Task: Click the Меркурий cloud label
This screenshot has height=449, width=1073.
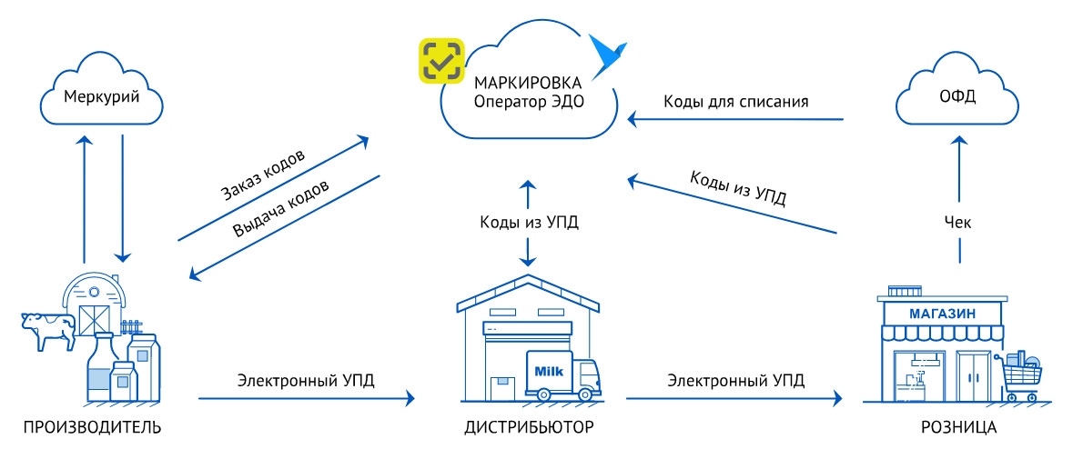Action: click(101, 96)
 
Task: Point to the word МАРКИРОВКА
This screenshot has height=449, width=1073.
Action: click(528, 83)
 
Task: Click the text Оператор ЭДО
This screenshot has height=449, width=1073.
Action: click(528, 101)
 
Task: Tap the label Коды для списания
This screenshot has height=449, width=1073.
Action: click(735, 102)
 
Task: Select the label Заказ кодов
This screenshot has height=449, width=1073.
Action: click(263, 174)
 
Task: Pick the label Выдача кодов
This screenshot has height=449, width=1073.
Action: click(280, 208)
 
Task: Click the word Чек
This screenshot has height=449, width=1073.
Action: click(957, 222)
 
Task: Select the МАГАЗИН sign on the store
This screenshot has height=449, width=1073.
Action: click(942, 314)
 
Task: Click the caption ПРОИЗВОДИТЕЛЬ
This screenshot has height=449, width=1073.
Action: click(93, 428)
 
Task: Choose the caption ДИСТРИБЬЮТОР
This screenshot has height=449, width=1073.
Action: click(529, 428)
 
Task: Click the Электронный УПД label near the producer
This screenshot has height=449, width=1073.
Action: click(306, 380)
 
